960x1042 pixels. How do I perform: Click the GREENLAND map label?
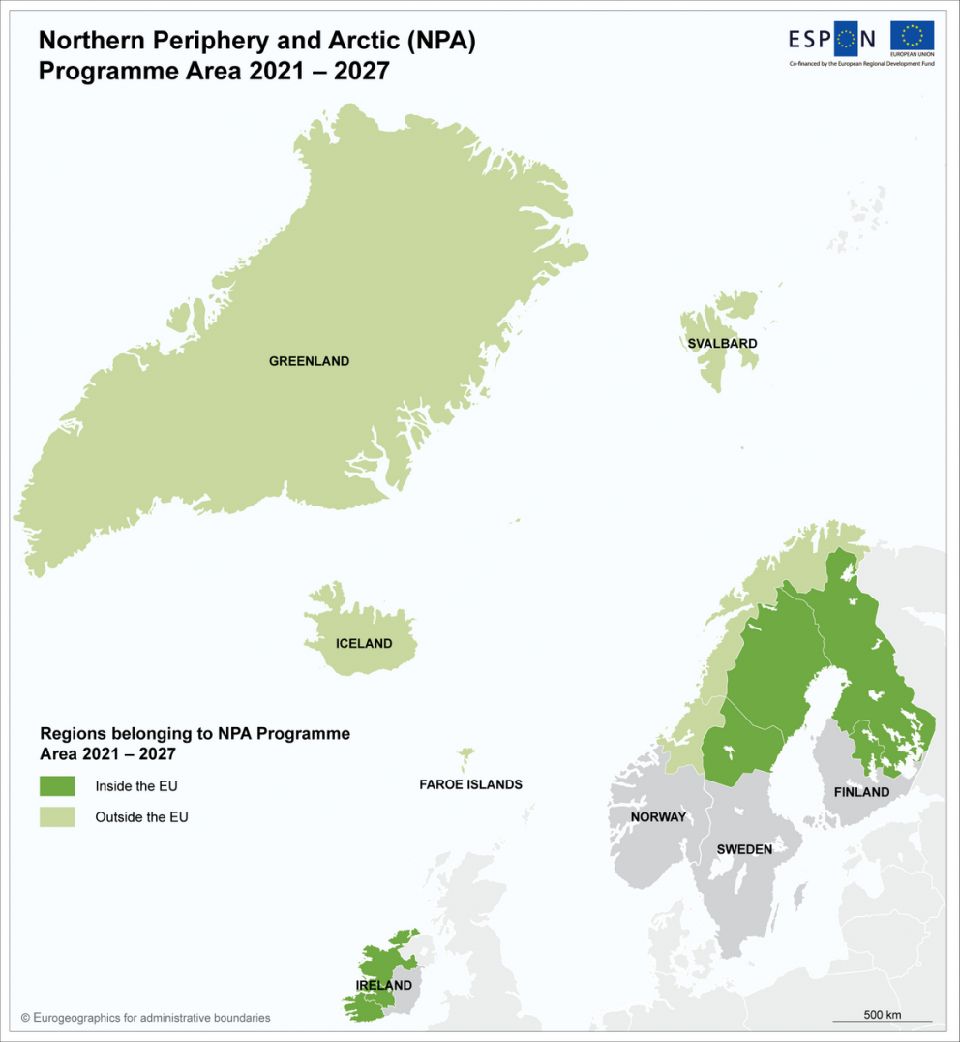coord(309,361)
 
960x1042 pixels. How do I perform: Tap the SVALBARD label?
coord(722,344)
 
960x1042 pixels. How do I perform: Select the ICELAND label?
coord(364,644)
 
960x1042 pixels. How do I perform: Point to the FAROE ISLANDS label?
coord(470,784)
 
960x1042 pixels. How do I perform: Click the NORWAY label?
coord(658,817)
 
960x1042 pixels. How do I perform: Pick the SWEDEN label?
coord(744,849)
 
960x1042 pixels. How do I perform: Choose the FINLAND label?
coord(861,792)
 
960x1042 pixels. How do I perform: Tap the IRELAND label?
coord(384,986)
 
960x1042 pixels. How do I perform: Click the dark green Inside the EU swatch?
coord(57,786)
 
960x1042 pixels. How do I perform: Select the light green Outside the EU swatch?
coord(57,817)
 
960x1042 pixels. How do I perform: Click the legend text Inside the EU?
coord(136,786)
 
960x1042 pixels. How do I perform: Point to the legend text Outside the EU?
coord(141,817)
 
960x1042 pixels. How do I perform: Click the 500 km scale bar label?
coord(882,1014)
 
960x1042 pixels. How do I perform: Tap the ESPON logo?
coord(832,39)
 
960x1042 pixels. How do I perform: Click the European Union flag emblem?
coord(912,37)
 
